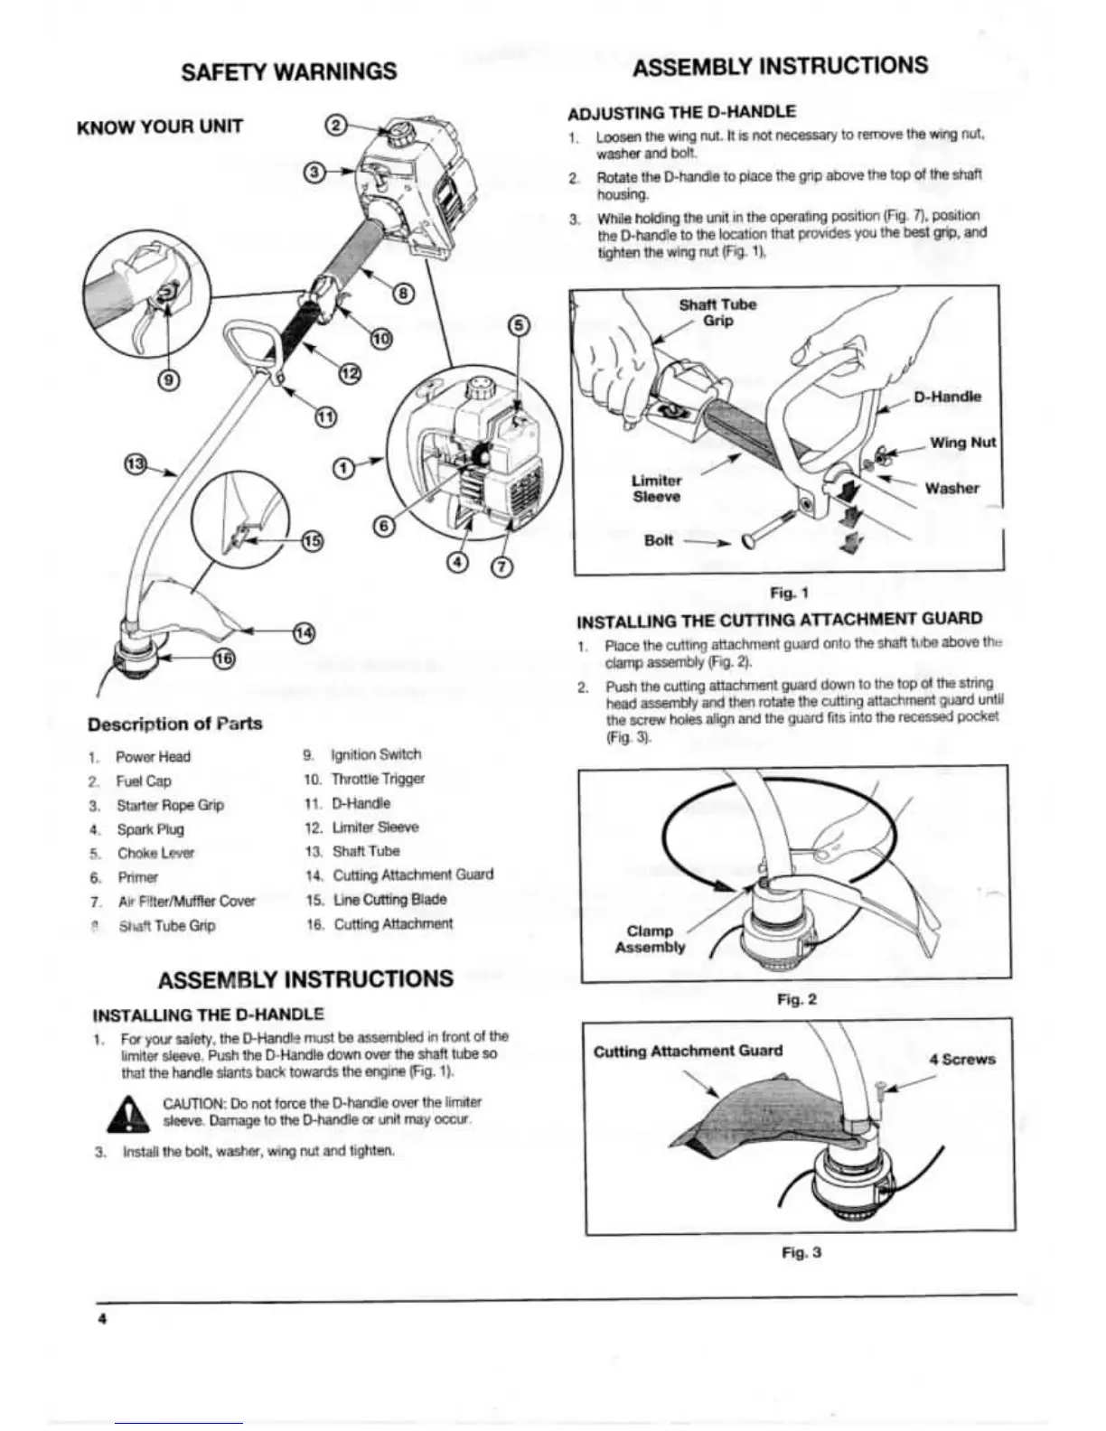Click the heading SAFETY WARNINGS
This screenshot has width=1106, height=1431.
pos(288,71)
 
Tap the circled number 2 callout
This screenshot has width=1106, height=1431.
pos(334,127)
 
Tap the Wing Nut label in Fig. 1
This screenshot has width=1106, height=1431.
pos(962,443)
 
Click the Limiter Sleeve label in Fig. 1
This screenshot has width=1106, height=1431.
pos(656,489)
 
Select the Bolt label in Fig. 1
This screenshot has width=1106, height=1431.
pos(659,541)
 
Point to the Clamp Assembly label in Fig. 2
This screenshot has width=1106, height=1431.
pos(650,939)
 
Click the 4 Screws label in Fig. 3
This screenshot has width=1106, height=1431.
pos(961,1059)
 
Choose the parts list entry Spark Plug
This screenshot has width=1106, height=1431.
pos(150,829)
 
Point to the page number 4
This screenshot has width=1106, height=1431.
pos(103,1319)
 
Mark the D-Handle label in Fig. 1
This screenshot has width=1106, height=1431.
pos(946,397)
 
